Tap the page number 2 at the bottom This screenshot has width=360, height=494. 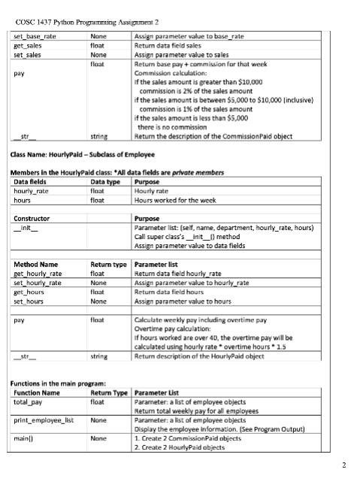click(343, 465)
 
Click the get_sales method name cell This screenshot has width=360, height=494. click(28, 45)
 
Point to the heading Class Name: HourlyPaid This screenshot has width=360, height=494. click(81, 155)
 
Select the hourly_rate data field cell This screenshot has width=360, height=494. click(32, 191)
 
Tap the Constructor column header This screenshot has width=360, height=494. click(32, 218)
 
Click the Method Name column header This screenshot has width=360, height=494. click(35, 264)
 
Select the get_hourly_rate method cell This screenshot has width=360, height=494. click(38, 274)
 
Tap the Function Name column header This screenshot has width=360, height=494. click(37, 392)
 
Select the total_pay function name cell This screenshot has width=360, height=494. click(29, 402)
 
